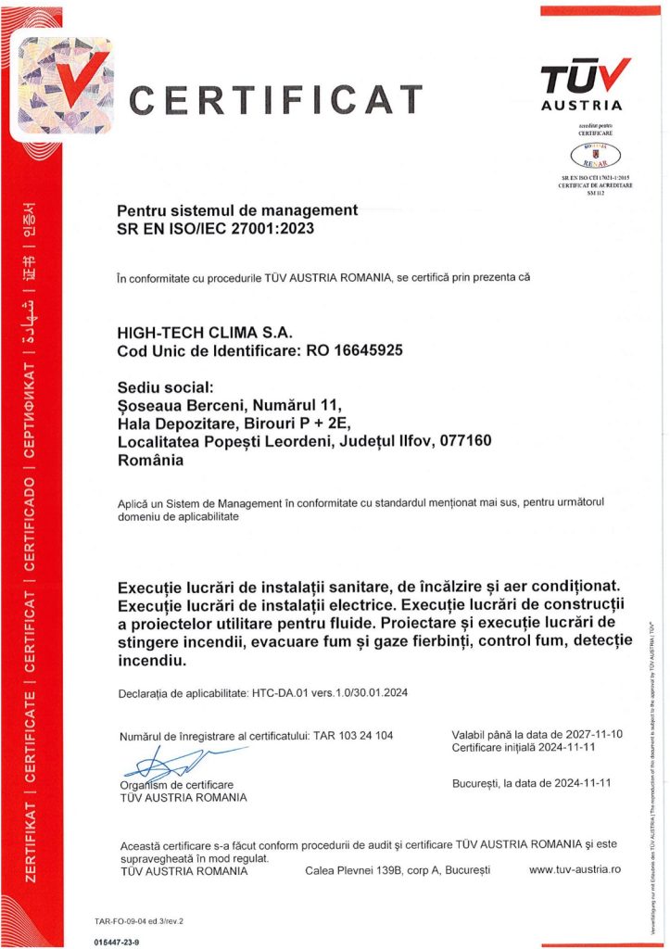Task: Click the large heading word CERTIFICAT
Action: [275, 98]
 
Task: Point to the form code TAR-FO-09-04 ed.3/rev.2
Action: [139, 921]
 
